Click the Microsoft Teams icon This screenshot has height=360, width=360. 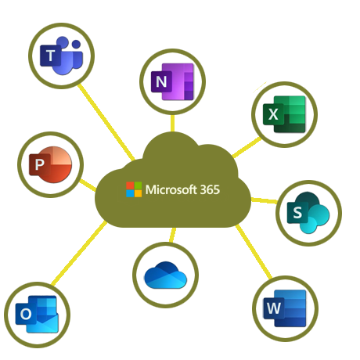pos(61,56)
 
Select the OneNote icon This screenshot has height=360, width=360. pos(172,81)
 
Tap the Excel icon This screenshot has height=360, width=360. pos(284,114)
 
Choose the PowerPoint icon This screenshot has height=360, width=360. pos(50,164)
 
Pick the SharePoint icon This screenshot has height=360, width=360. pos(308,213)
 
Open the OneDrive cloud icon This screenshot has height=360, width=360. pos(166,275)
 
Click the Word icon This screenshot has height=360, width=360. pos(285,308)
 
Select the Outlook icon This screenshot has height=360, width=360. pos(37,315)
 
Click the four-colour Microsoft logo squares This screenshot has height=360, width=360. pos(134,189)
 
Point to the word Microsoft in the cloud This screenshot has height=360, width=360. pos(171,189)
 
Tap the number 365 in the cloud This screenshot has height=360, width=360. pos(210,189)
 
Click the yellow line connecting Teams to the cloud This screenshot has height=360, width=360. pos(106,122)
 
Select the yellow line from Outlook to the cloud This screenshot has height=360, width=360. pos(79,253)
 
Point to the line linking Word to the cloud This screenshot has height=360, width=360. pos(254,251)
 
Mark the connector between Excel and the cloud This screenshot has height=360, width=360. pos(247,147)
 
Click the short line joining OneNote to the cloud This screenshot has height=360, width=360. pos(172,123)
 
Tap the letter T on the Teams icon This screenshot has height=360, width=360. pos(50,56)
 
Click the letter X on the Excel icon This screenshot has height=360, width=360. pos(273,114)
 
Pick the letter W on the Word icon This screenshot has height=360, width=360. pos(274,308)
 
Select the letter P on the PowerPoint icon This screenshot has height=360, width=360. pos(39,164)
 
